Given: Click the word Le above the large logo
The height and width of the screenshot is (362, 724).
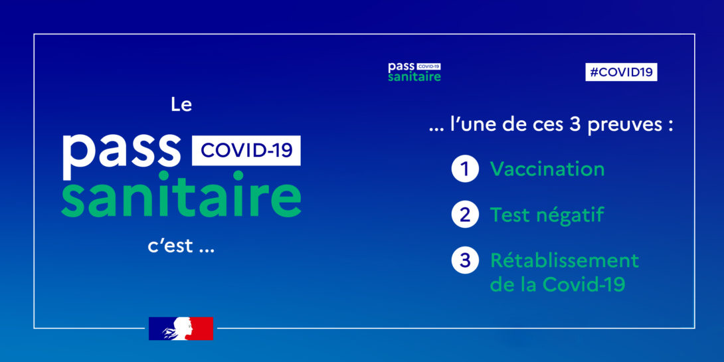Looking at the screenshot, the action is (x=181, y=105).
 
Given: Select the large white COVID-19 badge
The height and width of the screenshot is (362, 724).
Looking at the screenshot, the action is (x=246, y=151).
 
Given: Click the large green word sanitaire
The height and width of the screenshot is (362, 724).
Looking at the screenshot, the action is (x=181, y=195).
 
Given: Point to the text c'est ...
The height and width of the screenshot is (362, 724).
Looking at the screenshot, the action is (x=171, y=246).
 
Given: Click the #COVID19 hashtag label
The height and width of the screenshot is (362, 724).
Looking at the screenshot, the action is (x=621, y=72).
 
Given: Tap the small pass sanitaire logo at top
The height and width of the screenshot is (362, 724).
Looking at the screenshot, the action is (x=414, y=72).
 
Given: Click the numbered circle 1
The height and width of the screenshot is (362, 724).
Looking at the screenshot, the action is (x=464, y=169).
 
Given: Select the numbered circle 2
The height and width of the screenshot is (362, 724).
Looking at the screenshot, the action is (x=464, y=215).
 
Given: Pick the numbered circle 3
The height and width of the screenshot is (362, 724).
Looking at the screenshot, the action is (x=464, y=260).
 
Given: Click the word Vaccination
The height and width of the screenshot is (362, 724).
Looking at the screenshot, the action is (x=547, y=169).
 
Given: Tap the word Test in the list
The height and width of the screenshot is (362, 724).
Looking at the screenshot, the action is (x=507, y=215).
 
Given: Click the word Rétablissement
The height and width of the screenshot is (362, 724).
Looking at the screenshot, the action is (x=564, y=260).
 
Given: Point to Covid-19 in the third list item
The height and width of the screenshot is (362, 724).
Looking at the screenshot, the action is (x=584, y=284).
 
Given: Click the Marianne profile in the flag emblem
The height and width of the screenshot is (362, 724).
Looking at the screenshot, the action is (x=181, y=329).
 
